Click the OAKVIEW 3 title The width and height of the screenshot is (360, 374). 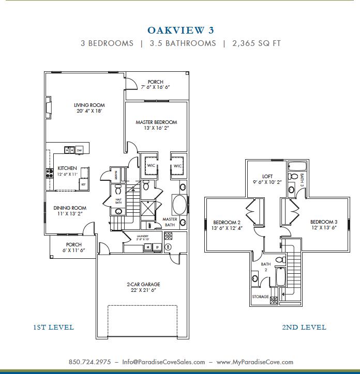[x=181, y=30]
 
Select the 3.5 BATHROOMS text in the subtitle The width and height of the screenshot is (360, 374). [x=183, y=43]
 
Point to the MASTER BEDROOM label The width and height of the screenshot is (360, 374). [x=156, y=122]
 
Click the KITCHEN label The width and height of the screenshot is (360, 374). [x=67, y=168]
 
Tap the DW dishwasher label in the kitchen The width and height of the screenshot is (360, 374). [x=80, y=150]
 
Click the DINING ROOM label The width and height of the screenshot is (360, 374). [x=70, y=208]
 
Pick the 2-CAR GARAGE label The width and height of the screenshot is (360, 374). [x=143, y=284]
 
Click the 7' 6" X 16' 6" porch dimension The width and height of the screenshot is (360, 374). [x=155, y=88]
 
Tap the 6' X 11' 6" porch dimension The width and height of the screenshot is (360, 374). [x=73, y=250]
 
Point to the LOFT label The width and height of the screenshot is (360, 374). [x=267, y=176]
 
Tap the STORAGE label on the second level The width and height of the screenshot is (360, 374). [x=260, y=297]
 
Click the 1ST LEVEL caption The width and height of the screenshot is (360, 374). [x=53, y=327]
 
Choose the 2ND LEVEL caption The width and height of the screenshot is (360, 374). [x=304, y=327]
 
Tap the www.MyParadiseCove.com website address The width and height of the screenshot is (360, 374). [x=254, y=362]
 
